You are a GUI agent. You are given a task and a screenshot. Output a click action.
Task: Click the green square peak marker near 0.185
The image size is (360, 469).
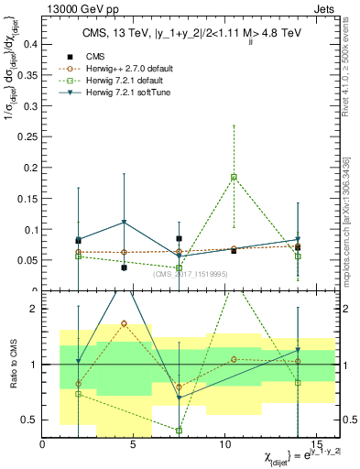234,177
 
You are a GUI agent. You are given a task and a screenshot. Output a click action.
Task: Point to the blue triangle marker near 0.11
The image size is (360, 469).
124,223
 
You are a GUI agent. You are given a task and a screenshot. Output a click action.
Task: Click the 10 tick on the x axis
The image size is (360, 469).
225,443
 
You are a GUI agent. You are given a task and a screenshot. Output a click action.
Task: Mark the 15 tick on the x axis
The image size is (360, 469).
316,443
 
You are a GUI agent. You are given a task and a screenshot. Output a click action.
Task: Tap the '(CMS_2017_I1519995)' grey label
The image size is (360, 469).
191,274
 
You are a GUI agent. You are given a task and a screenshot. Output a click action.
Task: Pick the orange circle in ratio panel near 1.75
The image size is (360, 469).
124,323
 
